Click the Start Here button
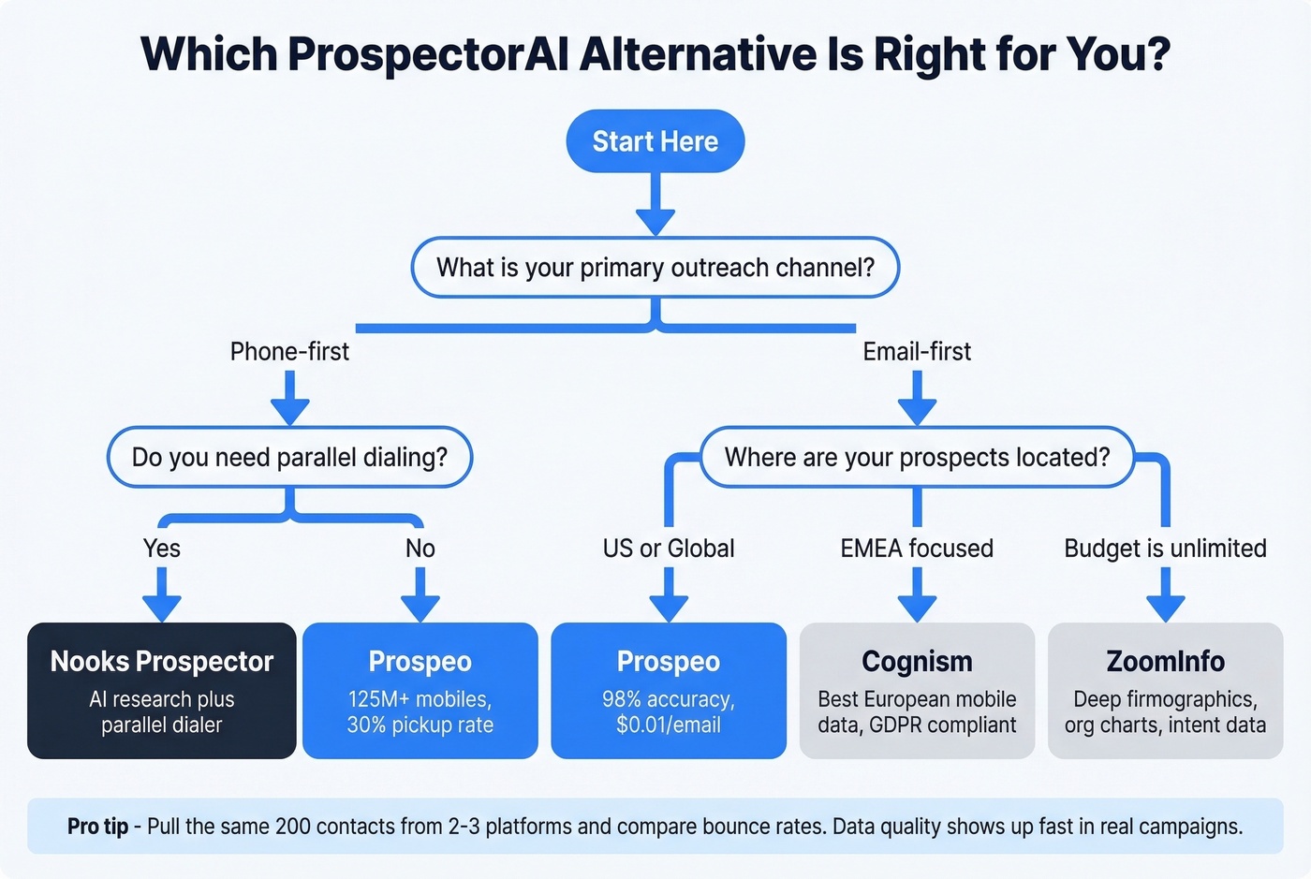tap(655, 141)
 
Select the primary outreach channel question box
tap(655, 268)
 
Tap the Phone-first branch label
tap(289, 352)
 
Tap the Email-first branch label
tap(917, 352)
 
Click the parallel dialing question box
tap(289, 457)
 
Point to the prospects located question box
tap(917, 457)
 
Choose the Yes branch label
tap(162, 549)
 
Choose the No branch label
tap(420, 549)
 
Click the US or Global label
tap(669, 549)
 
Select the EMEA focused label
tap(917, 549)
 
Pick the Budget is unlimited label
tap(1165, 549)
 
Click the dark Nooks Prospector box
tap(162, 691)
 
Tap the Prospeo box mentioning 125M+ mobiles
tap(420, 691)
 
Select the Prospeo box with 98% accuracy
tap(669, 691)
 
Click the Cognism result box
tap(917, 691)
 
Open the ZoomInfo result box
tap(1165, 691)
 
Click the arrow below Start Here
tap(655, 206)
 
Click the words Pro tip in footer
tap(97, 827)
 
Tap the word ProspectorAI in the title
tap(428, 54)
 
